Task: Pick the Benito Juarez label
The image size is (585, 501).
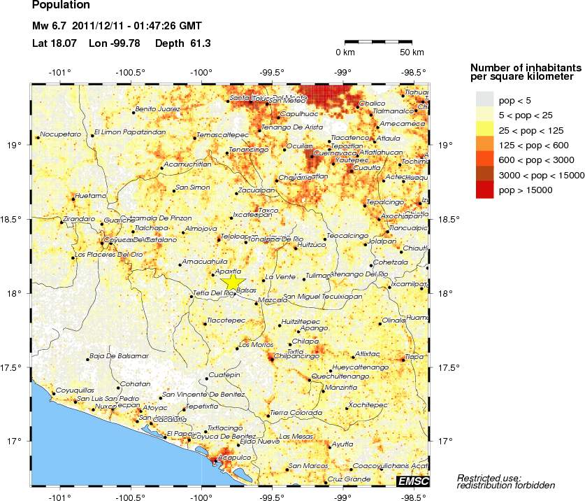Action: tap(157, 109)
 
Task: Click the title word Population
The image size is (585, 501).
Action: tap(61, 5)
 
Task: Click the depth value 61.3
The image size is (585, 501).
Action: tap(200, 43)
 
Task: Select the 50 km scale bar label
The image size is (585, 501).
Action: tap(412, 52)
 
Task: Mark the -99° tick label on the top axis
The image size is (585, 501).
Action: tap(342, 72)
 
